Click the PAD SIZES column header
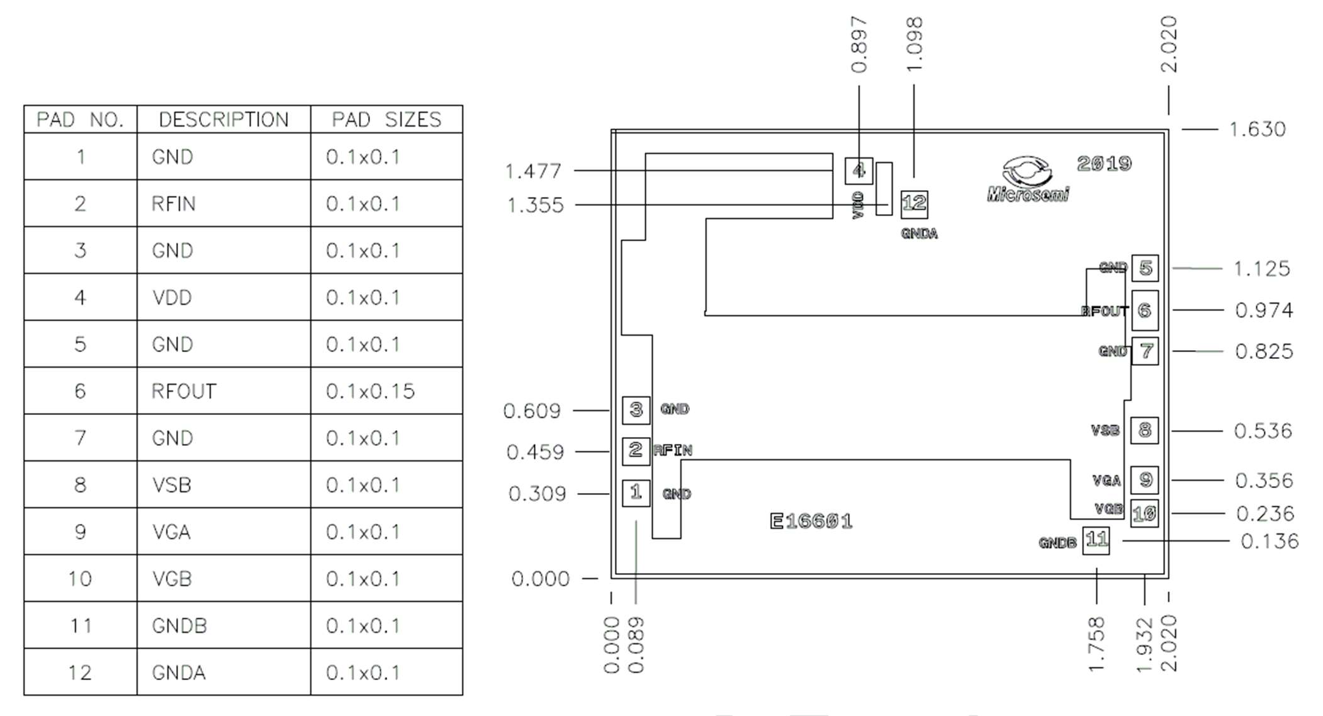point(386,120)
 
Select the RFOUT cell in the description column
point(184,391)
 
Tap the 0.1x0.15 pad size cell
point(370,391)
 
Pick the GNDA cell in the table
point(179,673)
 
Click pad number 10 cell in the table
point(80,579)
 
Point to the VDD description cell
point(172,297)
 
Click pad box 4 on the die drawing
point(859,171)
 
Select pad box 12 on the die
point(914,203)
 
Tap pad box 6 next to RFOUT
point(1145,310)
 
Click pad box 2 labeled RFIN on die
point(636,450)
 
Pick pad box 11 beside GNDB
point(1096,540)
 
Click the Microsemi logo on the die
point(1027,180)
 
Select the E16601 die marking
point(811,521)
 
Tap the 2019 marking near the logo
point(1104,164)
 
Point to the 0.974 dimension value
point(1263,310)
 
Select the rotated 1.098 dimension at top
point(915,44)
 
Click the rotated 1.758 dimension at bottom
point(1096,644)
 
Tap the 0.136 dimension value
point(1269,542)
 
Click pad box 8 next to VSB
point(1144,431)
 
